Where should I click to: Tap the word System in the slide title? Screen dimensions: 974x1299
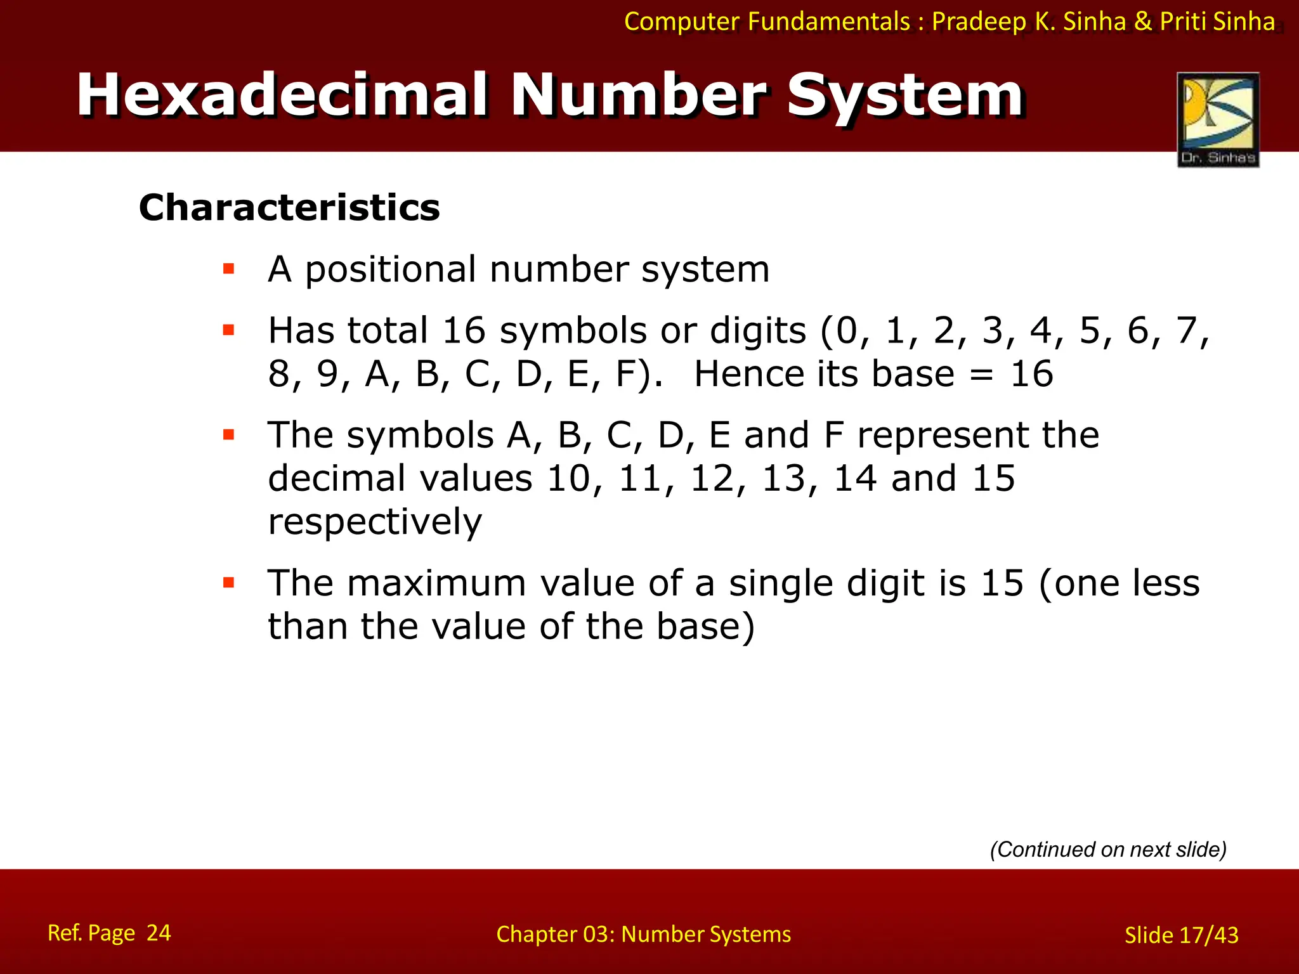coord(905,96)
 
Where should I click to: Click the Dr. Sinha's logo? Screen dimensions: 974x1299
coord(1218,120)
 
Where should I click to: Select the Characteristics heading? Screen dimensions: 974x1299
coord(289,207)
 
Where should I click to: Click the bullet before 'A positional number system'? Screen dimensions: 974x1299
coord(229,269)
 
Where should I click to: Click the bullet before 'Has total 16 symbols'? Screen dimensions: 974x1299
coord(229,330)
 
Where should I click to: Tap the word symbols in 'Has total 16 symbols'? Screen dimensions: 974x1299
coord(572,331)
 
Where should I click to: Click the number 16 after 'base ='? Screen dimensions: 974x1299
coord(1031,373)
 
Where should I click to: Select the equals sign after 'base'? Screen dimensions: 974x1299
coord(982,375)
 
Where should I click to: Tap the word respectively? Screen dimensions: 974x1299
coord(375,523)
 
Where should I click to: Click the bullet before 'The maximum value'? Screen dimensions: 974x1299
coord(229,583)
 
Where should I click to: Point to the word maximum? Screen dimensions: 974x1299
coord(437,583)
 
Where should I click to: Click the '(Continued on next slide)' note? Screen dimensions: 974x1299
coord(1108,849)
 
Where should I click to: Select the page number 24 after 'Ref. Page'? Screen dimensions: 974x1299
coord(159,933)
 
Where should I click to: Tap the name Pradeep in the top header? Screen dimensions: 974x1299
coord(979,22)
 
